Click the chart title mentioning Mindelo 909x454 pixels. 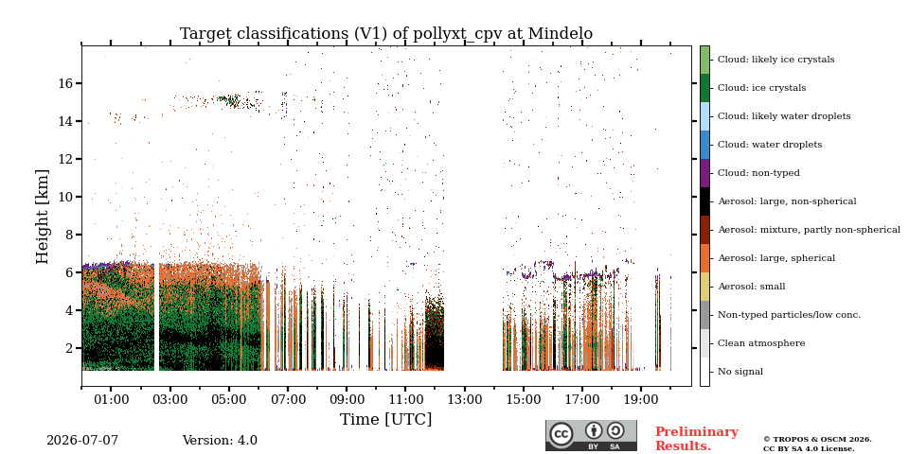click(x=386, y=34)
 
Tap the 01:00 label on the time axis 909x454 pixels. click(x=112, y=399)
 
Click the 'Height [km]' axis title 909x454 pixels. click(x=43, y=216)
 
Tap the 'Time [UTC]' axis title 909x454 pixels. click(x=386, y=419)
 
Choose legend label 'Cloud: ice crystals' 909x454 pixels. click(x=761, y=88)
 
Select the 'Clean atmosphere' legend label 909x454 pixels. click(x=761, y=343)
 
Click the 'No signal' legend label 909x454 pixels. click(x=740, y=372)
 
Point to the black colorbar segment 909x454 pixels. click(x=704, y=201)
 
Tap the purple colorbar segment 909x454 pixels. click(x=704, y=173)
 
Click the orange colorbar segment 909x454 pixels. click(x=704, y=258)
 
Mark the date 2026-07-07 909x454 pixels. click(x=82, y=441)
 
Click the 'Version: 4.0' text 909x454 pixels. click(x=220, y=441)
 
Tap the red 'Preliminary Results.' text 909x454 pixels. click(x=697, y=439)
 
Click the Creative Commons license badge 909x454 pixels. click(x=591, y=435)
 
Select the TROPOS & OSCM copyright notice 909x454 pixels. click(x=817, y=445)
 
